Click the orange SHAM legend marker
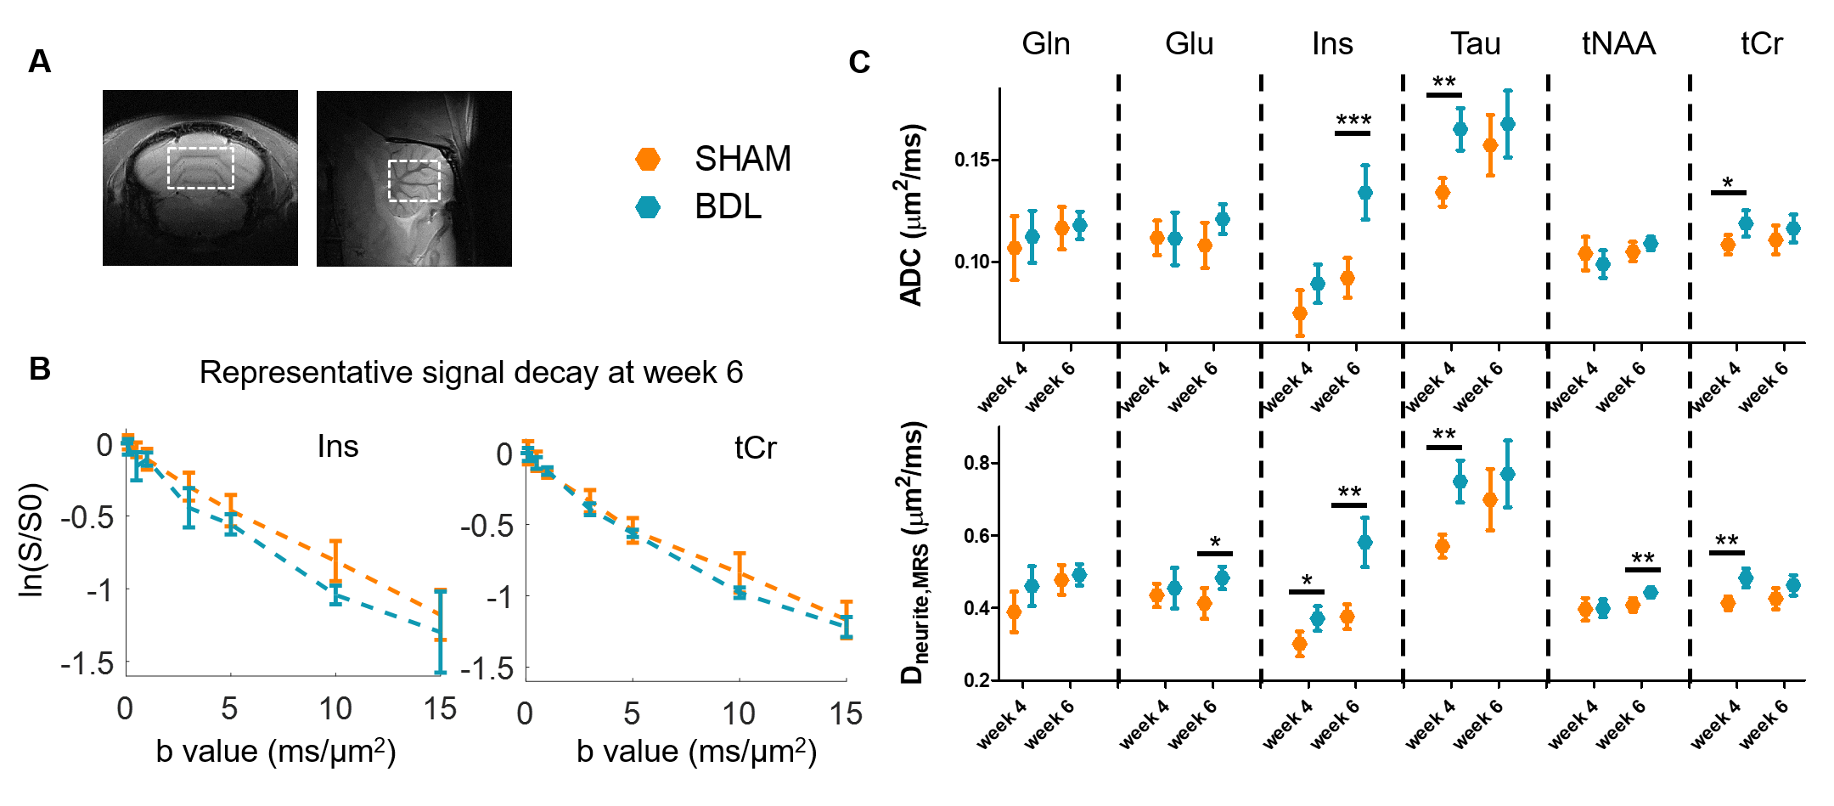click(x=648, y=159)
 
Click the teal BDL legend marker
click(x=648, y=207)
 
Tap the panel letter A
click(x=39, y=62)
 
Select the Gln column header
click(x=1045, y=43)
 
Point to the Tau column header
click(x=1475, y=43)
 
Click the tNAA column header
click(x=1618, y=43)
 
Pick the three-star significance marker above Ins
click(x=1353, y=121)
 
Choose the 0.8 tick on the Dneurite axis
click(x=976, y=464)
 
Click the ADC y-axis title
click(x=911, y=216)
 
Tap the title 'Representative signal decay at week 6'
click(x=471, y=372)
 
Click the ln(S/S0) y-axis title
click(x=31, y=540)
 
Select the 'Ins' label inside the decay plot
click(x=338, y=446)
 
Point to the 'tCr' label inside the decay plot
click(x=755, y=448)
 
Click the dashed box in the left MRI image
click(x=200, y=167)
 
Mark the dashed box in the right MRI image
click(x=414, y=180)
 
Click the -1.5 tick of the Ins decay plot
click(x=87, y=663)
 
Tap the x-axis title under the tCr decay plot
click(x=696, y=752)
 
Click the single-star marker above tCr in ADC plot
click(x=1728, y=183)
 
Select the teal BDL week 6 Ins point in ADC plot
click(x=1365, y=193)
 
